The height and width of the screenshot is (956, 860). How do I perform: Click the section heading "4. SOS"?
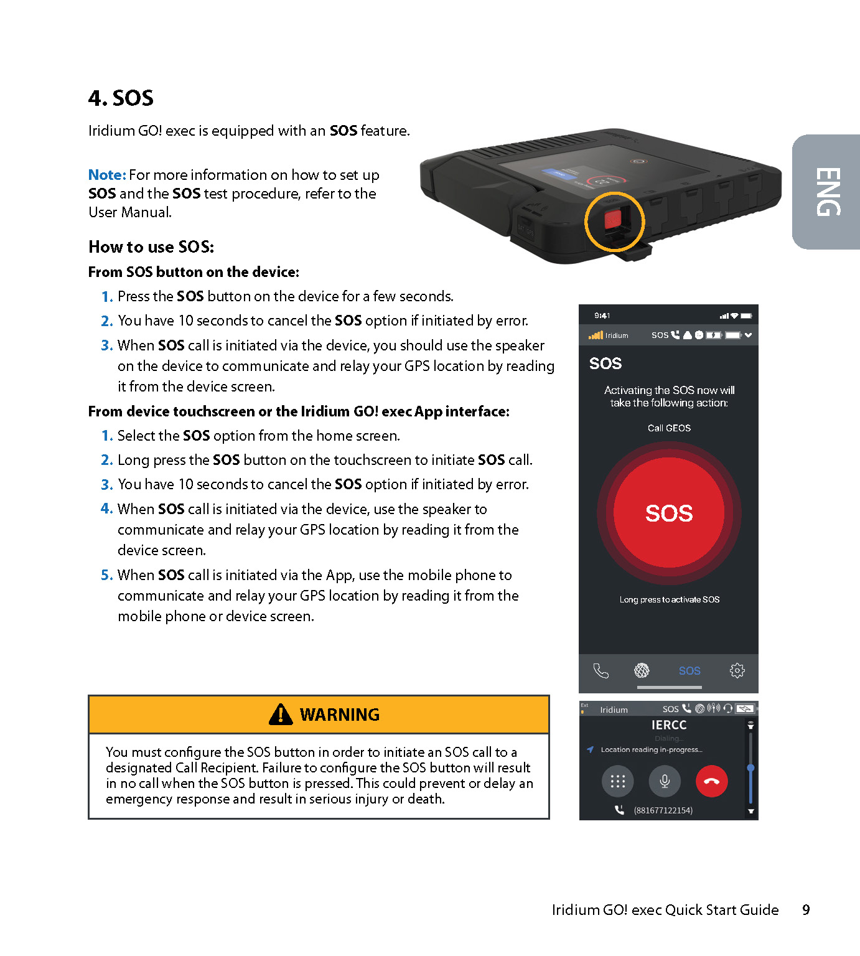(x=121, y=98)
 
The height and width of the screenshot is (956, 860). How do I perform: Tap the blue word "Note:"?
(x=107, y=175)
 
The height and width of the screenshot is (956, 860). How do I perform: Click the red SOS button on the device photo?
(x=613, y=219)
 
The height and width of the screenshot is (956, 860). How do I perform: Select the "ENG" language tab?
(x=828, y=192)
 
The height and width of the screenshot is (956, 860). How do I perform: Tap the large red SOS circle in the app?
(x=669, y=513)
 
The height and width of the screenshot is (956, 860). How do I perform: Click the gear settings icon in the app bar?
(x=737, y=670)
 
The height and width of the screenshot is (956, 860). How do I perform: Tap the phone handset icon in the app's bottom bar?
(x=601, y=670)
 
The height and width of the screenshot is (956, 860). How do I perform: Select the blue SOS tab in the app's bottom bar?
(x=689, y=670)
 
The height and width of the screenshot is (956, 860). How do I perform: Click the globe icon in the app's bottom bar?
(x=642, y=670)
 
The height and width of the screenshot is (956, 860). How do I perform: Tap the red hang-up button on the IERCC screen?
(x=711, y=781)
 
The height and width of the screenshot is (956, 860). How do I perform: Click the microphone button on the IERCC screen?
(x=665, y=781)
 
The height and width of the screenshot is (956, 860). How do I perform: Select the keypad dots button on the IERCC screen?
(x=617, y=781)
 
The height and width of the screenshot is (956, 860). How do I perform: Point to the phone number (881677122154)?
(x=663, y=810)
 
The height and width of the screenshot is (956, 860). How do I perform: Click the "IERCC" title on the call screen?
(x=669, y=725)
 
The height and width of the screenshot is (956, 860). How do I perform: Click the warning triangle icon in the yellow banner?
(x=281, y=715)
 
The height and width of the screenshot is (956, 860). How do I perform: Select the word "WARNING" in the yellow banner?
(x=340, y=715)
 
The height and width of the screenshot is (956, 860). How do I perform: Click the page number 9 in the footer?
(x=806, y=910)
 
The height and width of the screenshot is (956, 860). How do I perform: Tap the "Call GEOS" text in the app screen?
(x=669, y=428)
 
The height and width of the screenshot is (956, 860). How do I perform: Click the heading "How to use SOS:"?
(x=151, y=247)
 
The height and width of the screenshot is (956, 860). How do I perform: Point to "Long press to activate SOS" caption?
(x=669, y=599)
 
